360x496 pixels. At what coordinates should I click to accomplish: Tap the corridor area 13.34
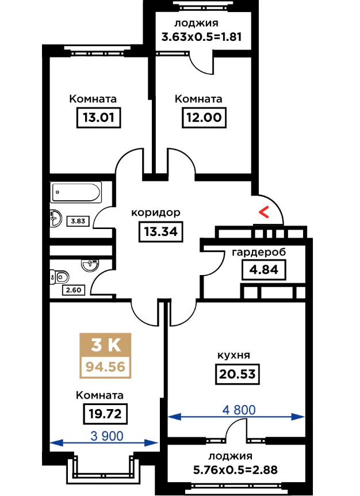[x=160, y=232]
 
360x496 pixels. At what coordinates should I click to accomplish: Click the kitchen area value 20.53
[x=238, y=375]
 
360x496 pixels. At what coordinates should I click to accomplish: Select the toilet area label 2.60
[x=73, y=289]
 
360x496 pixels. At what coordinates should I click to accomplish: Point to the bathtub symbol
[x=76, y=192]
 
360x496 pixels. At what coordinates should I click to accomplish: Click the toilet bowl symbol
[x=58, y=276]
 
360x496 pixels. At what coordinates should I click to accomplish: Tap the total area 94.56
[x=105, y=367]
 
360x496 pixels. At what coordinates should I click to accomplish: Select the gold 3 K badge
[x=105, y=345]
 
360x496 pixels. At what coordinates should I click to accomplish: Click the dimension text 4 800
[x=237, y=410]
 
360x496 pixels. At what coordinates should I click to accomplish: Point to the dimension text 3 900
[x=107, y=436]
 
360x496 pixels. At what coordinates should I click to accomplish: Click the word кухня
[x=233, y=355]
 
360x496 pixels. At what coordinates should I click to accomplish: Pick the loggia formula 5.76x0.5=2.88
[x=235, y=470]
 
